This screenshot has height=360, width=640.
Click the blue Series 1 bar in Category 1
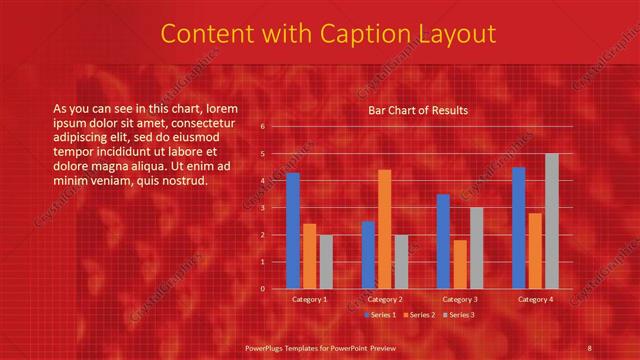(x=292, y=231)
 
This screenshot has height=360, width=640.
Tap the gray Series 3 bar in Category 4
(x=551, y=221)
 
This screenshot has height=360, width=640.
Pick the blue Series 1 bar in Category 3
(x=443, y=241)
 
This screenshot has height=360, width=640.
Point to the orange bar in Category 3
(x=459, y=264)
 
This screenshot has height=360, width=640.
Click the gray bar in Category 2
(x=400, y=261)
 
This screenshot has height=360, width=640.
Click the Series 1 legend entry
(x=381, y=315)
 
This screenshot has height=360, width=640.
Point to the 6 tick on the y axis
(x=262, y=127)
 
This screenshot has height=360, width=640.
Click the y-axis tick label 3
(x=262, y=208)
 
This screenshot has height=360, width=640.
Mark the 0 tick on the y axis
(x=262, y=289)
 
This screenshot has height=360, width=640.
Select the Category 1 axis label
(x=309, y=299)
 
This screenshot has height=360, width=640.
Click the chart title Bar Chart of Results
(x=418, y=110)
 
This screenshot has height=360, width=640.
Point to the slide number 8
(x=589, y=347)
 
